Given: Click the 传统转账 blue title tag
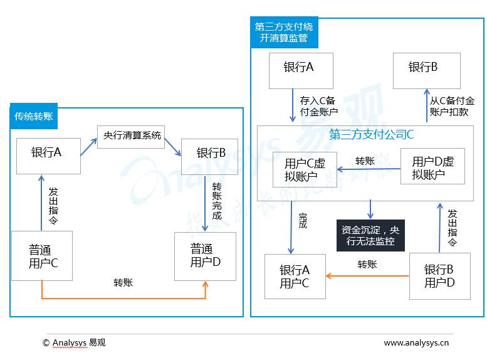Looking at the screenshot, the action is pos(34,116).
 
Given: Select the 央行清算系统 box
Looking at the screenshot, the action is pos(131,135).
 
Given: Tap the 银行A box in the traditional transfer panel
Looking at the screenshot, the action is pos(48,155).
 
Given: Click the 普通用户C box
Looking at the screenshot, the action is pos(43,256).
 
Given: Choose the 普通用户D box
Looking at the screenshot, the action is pos(205,256).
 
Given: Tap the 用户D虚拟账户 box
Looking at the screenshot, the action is pos(432,167).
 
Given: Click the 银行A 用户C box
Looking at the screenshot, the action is pos(295,277).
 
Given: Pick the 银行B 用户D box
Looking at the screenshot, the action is pos(439,277).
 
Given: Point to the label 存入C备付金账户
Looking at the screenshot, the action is pos(318,106).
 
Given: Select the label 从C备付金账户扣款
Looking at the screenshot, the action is pos(451,106).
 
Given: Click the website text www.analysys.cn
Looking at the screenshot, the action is pos(416,342).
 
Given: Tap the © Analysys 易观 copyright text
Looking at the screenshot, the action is pos(73,342).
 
